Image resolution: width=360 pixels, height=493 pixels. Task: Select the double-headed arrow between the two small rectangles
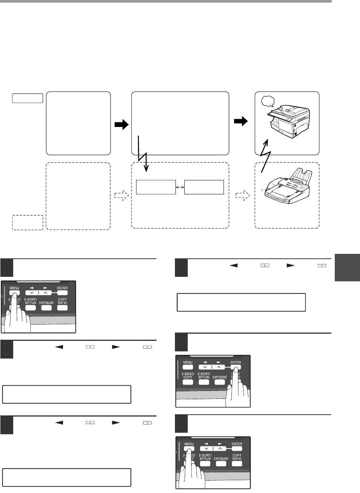coord(180,187)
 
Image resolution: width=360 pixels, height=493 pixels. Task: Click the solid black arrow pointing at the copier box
coord(241,121)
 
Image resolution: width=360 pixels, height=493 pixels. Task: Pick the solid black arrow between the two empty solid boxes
coord(121,125)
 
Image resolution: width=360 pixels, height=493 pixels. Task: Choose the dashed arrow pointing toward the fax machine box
coord(242,195)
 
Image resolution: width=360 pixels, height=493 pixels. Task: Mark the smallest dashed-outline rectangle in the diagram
coord(28,222)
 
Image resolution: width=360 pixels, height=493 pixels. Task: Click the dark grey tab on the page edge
coord(347,268)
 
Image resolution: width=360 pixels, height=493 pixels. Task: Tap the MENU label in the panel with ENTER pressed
coord(188,362)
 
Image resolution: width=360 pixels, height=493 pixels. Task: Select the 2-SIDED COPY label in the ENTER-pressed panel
coord(188,375)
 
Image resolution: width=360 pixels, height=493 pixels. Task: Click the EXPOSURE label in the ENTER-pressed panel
coord(219,377)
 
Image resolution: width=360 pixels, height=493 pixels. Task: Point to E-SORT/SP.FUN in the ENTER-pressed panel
coord(204,375)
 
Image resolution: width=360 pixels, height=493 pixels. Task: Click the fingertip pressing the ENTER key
coord(236,370)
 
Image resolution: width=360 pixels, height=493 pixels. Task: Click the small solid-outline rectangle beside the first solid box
coord(28,99)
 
